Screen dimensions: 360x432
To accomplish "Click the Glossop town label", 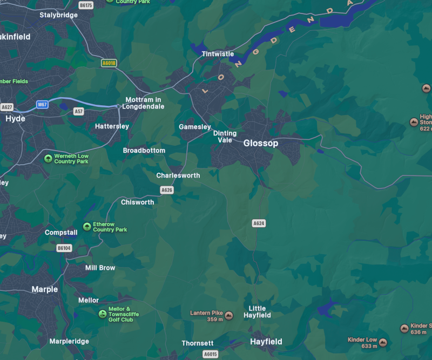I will [x=261, y=143].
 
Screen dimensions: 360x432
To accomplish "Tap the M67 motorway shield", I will [x=43, y=104].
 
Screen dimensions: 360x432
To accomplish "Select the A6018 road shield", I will [x=109, y=63].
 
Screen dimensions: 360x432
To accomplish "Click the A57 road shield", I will [x=79, y=111].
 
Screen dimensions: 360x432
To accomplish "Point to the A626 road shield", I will [x=167, y=190].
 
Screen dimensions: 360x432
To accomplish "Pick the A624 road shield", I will [x=259, y=223].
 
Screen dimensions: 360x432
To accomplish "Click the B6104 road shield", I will [x=64, y=248].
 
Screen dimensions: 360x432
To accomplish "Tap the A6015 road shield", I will [x=211, y=354].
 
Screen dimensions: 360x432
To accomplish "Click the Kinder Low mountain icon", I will [x=383, y=342].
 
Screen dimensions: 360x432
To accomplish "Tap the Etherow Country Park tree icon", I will [x=87, y=227].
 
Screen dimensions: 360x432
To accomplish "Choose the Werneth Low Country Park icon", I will [x=48, y=159].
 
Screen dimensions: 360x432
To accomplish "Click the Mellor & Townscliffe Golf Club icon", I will [x=102, y=314].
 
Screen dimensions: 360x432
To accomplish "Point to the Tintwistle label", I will [x=218, y=54].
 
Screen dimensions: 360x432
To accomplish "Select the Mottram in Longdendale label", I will [x=143, y=103].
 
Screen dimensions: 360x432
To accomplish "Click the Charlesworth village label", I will [x=178, y=175].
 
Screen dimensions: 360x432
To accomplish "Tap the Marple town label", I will [x=45, y=289].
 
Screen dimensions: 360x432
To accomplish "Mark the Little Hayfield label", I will [x=257, y=312].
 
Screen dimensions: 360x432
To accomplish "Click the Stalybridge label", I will [x=58, y=15].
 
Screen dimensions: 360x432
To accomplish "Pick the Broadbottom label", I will [x=144, y=151].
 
